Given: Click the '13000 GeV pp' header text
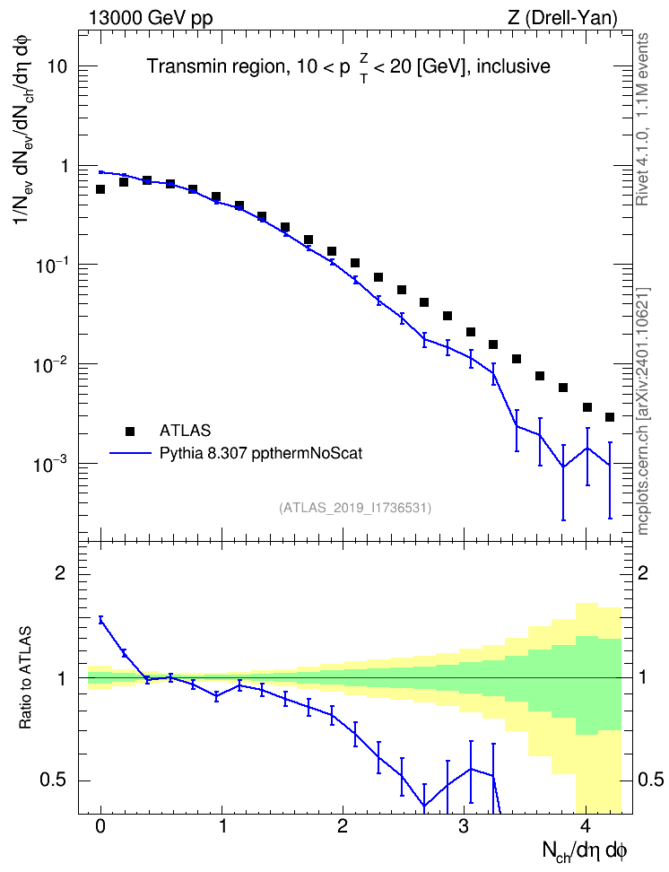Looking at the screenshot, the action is (150, 18).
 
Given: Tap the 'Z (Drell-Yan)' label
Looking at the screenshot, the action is (562, 18).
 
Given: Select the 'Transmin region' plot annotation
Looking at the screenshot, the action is (214, 66).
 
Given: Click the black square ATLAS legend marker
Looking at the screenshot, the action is (130, 431).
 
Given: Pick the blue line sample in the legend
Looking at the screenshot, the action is (130, 453).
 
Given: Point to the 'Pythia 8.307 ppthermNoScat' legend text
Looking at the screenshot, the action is (261, 454).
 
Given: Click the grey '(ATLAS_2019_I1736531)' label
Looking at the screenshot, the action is (355, 508).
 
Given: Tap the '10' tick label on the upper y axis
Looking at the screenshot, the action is (57, 66).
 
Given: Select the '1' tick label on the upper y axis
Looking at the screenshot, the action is (64, 166).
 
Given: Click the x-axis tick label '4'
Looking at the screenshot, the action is (586, 826).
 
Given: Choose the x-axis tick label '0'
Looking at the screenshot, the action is (100, 826).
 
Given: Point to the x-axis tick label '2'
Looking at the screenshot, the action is (343, 826).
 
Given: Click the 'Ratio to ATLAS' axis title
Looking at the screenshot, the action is (25, 677).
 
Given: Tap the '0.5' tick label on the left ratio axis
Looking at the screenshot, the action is (53, 780).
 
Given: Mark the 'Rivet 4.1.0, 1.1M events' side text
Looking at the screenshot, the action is (642, 119).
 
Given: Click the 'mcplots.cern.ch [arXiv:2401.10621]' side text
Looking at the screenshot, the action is (643, 412).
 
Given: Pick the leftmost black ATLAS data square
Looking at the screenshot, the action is (100, 189).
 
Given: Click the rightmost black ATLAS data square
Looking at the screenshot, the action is (610, 417).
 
